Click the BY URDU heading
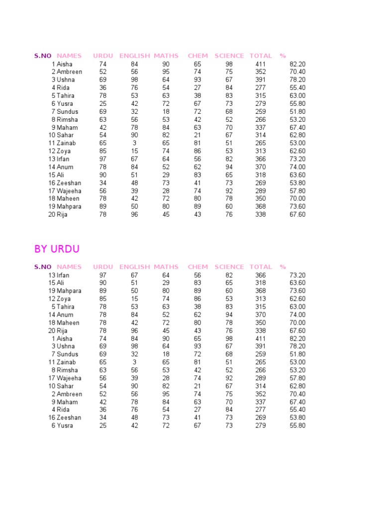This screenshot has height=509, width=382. (57, 249)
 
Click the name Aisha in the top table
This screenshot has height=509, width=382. (65, 64)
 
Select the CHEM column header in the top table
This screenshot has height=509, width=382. (197, 56)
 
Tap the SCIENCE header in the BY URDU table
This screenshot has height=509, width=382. (229, 267)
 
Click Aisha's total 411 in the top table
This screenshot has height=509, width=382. (260, 64)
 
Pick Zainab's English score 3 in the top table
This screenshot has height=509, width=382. (134, 143)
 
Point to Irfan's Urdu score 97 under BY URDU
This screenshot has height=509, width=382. (103, 275)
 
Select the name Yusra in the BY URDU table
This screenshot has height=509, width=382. (65, 425)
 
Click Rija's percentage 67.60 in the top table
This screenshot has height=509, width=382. (297, 215)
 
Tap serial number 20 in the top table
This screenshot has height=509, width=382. (52, 215)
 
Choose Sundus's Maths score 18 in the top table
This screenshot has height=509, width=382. (166, 111)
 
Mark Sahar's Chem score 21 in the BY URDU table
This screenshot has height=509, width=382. (197, 386)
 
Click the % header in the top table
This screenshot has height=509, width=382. (283, 56)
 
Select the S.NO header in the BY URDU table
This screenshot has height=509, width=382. (43, 267)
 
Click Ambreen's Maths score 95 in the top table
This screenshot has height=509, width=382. (166, 72)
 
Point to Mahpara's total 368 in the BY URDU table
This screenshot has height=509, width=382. (260, 291)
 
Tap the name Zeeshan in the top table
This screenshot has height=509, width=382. (69, 183)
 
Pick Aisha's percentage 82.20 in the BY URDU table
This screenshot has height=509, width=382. (297, 339)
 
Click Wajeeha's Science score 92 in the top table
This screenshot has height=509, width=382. (229, 191)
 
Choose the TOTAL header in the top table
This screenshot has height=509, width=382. (261, 56)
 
